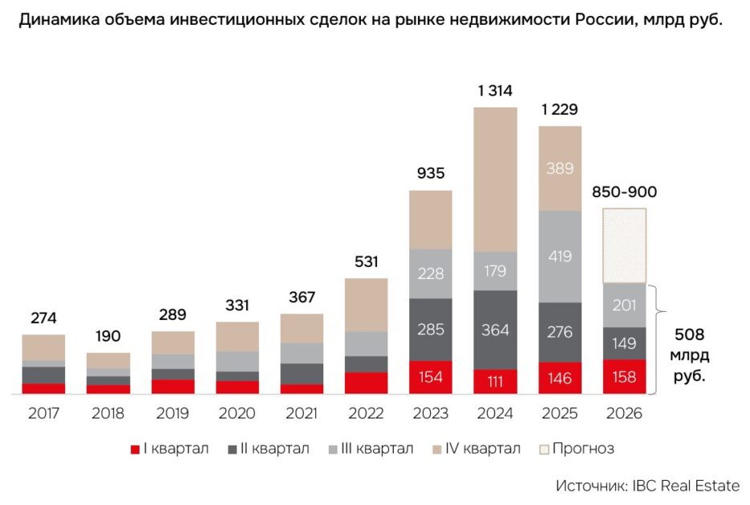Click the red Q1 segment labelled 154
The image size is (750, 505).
coord(431,377)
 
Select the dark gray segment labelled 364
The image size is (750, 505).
coord(495,329)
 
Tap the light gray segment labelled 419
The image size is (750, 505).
coord(560,257)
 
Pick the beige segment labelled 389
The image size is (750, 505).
coord(560,168)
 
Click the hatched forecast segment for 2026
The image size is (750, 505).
coord(624,245)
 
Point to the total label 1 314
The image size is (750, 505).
coord(495,91)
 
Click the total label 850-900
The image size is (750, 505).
coord(624,192)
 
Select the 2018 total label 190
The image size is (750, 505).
coord(108,336)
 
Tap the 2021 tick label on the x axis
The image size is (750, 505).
coord(302,413)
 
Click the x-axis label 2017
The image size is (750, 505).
coord(43,413)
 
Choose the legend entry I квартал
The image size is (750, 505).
coord(170,449)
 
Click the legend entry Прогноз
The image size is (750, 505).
coord(577,449)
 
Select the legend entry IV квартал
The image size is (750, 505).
coord(476,449)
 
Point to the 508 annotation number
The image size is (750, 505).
coord(689,334)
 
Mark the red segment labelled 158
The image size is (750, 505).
coord(624,377)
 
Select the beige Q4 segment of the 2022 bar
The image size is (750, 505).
coord(367,305)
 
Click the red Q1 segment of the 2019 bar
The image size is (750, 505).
coord(173,386)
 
